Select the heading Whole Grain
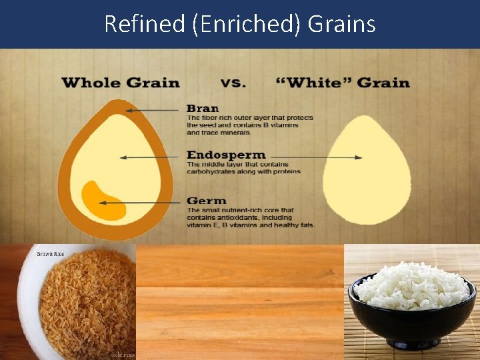click(x=120, y=83)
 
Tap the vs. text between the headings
click(x=233, y=83)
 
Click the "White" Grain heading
click(x=343, y=83)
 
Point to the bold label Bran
click(x=202, y=108)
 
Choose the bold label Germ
click(x=206, y=201)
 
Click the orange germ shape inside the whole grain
click(x=103, y=201)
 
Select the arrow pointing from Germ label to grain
click(x=153, y=201)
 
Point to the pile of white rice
click(x=413, y=285)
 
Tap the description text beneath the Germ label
click(x=250, y=218)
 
